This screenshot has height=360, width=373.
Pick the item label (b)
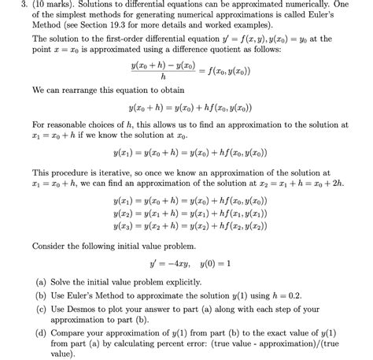coord(39,295)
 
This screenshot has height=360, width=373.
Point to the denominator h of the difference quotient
coord(163,77)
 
